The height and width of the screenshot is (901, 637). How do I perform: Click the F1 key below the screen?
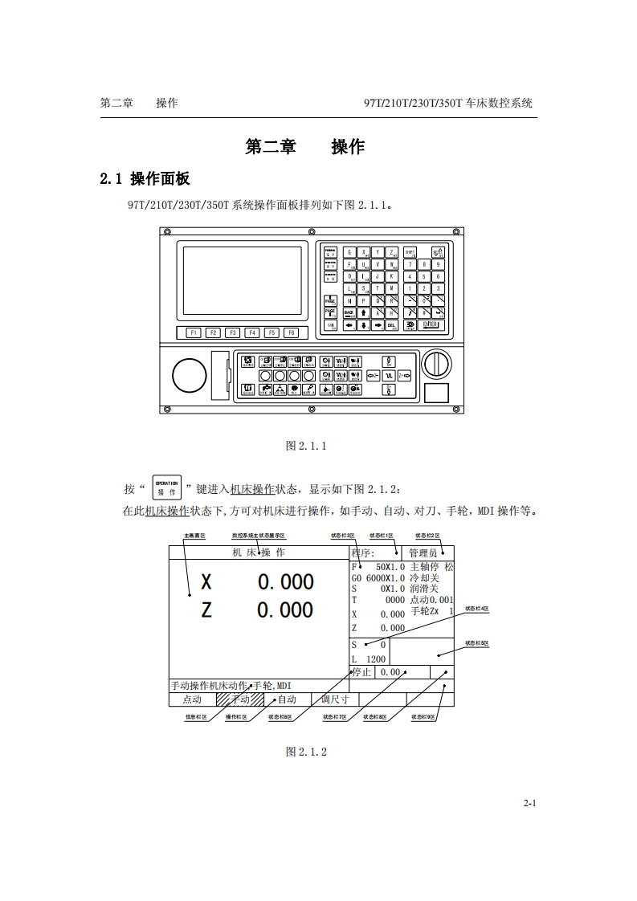[x=194, y=332]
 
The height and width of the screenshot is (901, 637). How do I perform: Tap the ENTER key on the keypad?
[x=430, y=324]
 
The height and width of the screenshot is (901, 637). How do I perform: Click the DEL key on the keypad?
[x=391, y=325]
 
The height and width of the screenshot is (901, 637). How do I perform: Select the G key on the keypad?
[x=350, y=251]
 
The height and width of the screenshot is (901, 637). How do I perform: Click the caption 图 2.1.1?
[x=306, y=446]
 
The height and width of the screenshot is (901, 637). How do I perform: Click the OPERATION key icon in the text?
[x=166, y=488]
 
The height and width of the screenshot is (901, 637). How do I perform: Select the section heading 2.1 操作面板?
[x=145, y=178]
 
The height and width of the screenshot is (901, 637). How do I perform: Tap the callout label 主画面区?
[x=195, y=535]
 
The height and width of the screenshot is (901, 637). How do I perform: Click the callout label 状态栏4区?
[x=477, y=609]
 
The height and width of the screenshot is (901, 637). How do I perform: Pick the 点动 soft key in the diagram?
[x=193, y=699]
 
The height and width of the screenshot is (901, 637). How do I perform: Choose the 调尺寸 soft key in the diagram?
[x=335, y=699]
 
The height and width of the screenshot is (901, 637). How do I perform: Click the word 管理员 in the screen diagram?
[x=423, y=552]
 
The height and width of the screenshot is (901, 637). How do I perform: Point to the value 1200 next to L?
[x=375, y=659]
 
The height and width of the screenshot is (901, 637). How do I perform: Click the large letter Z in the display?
[x=206, y=610]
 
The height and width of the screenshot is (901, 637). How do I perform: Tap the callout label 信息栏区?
[x=196, y=717]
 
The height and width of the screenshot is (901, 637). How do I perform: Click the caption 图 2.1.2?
[x=306, y=752]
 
